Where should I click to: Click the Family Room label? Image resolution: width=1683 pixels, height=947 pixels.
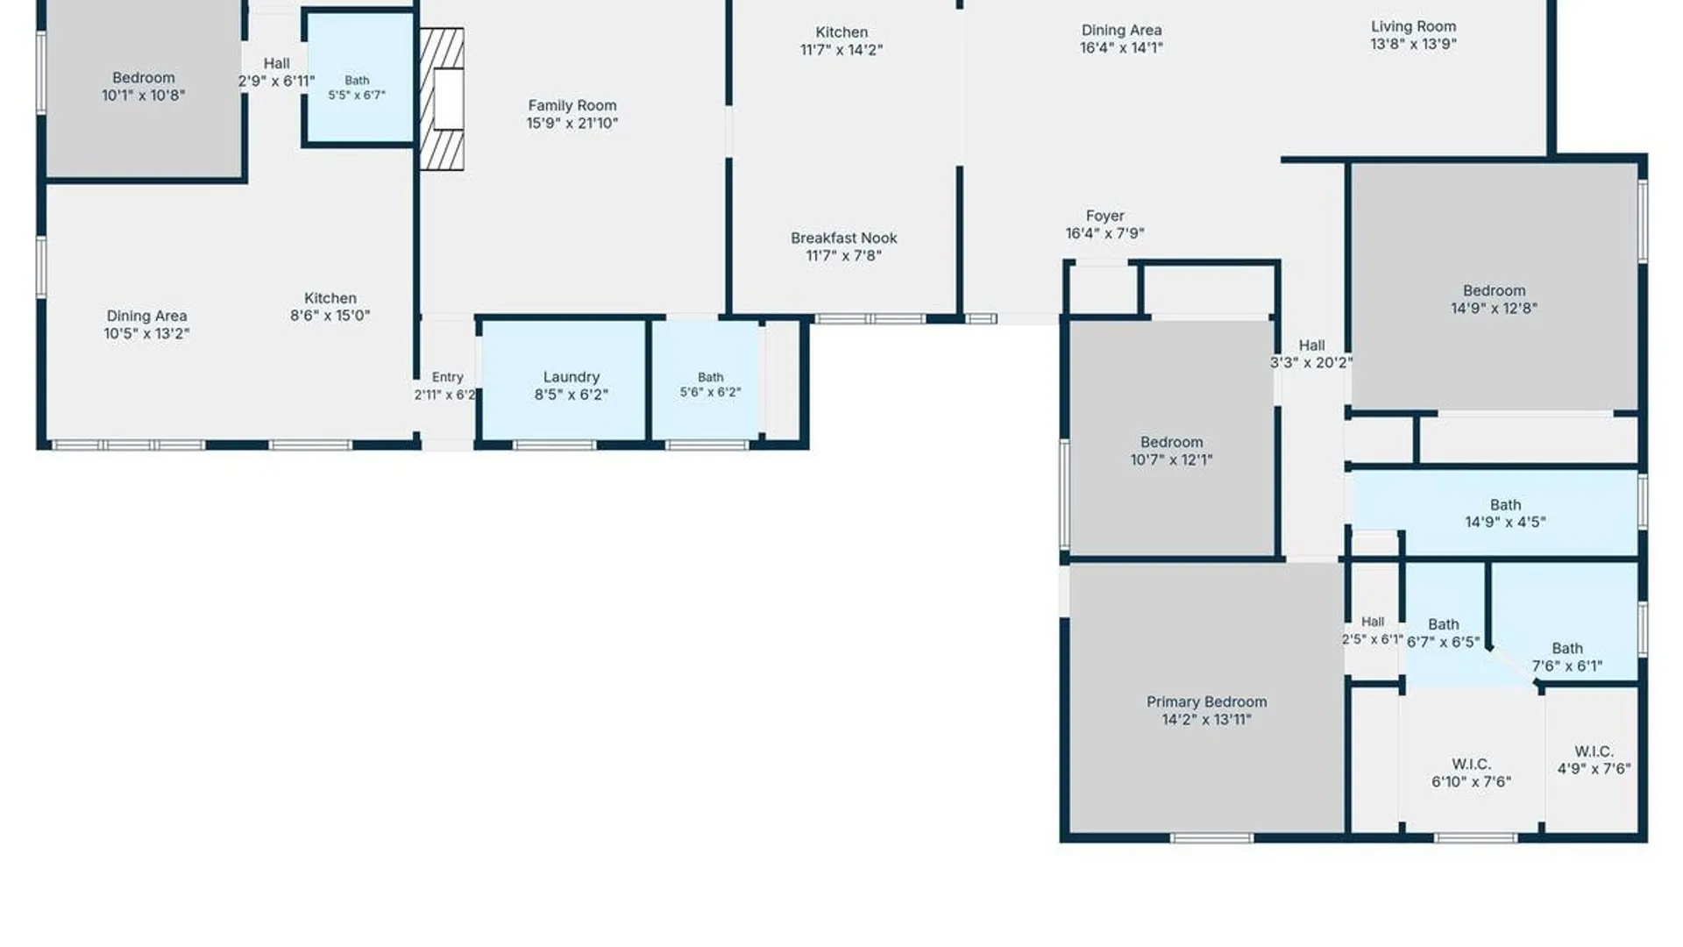(x=572, y=105)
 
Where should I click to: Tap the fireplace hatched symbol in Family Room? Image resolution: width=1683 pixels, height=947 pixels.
(x=441, y=99)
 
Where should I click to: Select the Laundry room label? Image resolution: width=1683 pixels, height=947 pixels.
(x=572, y=377)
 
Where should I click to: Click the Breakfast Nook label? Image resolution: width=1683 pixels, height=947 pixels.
(x=844, y=238)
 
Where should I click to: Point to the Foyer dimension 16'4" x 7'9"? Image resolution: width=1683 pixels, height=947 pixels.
(x=1104, y=233)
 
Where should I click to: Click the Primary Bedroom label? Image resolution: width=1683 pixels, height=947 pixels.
(x=1207, y=701)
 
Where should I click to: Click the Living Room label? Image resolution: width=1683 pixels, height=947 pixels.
(x=1414, y=26)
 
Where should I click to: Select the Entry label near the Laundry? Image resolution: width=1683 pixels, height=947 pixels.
(x=447, y=377)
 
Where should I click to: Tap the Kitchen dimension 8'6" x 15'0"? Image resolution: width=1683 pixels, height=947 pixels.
(x=330, y=316)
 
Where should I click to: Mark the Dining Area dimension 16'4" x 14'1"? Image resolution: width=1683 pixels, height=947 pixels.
(x=1122, y=47)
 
